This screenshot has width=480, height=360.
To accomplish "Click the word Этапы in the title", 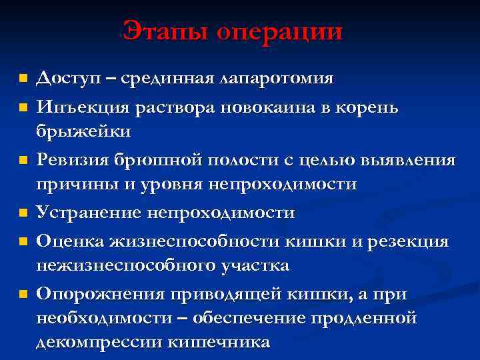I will click(165, 31).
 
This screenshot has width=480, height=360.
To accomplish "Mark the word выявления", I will click(411, 160).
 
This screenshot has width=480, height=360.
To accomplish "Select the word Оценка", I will click(67, 241).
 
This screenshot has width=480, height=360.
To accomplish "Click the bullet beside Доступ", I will click(23, 79).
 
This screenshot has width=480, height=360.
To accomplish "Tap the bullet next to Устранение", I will click(23, 213).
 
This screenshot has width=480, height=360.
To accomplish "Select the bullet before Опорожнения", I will click(23, 293).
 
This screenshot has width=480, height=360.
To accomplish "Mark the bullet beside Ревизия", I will click(23, 160).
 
